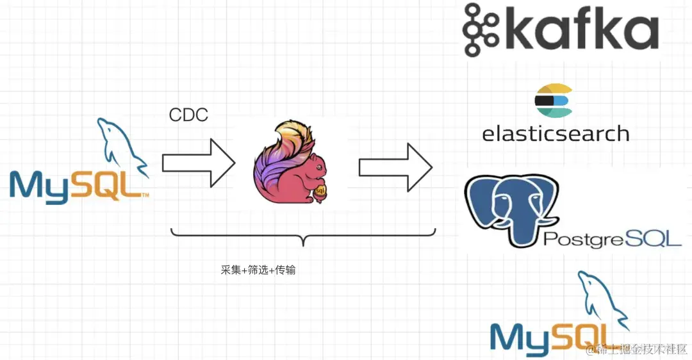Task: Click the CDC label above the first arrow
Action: click(188, 115)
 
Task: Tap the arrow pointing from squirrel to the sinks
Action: click(395, 167)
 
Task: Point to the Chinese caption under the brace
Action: click(258, 270)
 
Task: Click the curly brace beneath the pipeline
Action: click(303, 236)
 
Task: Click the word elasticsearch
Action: click(556, 133)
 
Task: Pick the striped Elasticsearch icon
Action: click(553, 101)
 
